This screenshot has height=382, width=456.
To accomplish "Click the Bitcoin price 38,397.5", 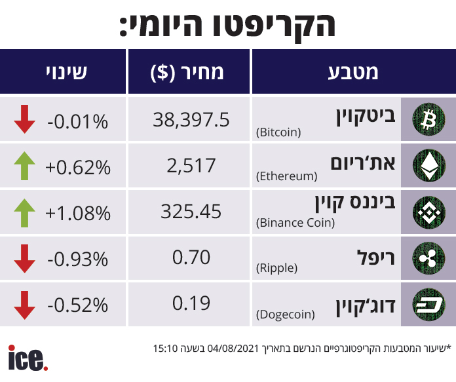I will tap(191, 119).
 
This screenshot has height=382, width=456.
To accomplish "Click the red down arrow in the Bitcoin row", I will tap(25, 119).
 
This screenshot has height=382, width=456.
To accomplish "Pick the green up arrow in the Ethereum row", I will tap(25, 166).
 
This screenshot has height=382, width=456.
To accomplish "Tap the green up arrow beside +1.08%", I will tap(25, 212).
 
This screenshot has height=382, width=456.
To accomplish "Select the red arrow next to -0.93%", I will tap(25, 258).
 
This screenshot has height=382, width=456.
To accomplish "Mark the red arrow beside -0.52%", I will tap(25, 304).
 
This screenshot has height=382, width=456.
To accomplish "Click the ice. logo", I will tap(28, 358).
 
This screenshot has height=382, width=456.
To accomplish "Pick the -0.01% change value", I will tap(77, 121).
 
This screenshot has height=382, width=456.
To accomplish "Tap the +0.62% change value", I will tap(77, 168).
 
